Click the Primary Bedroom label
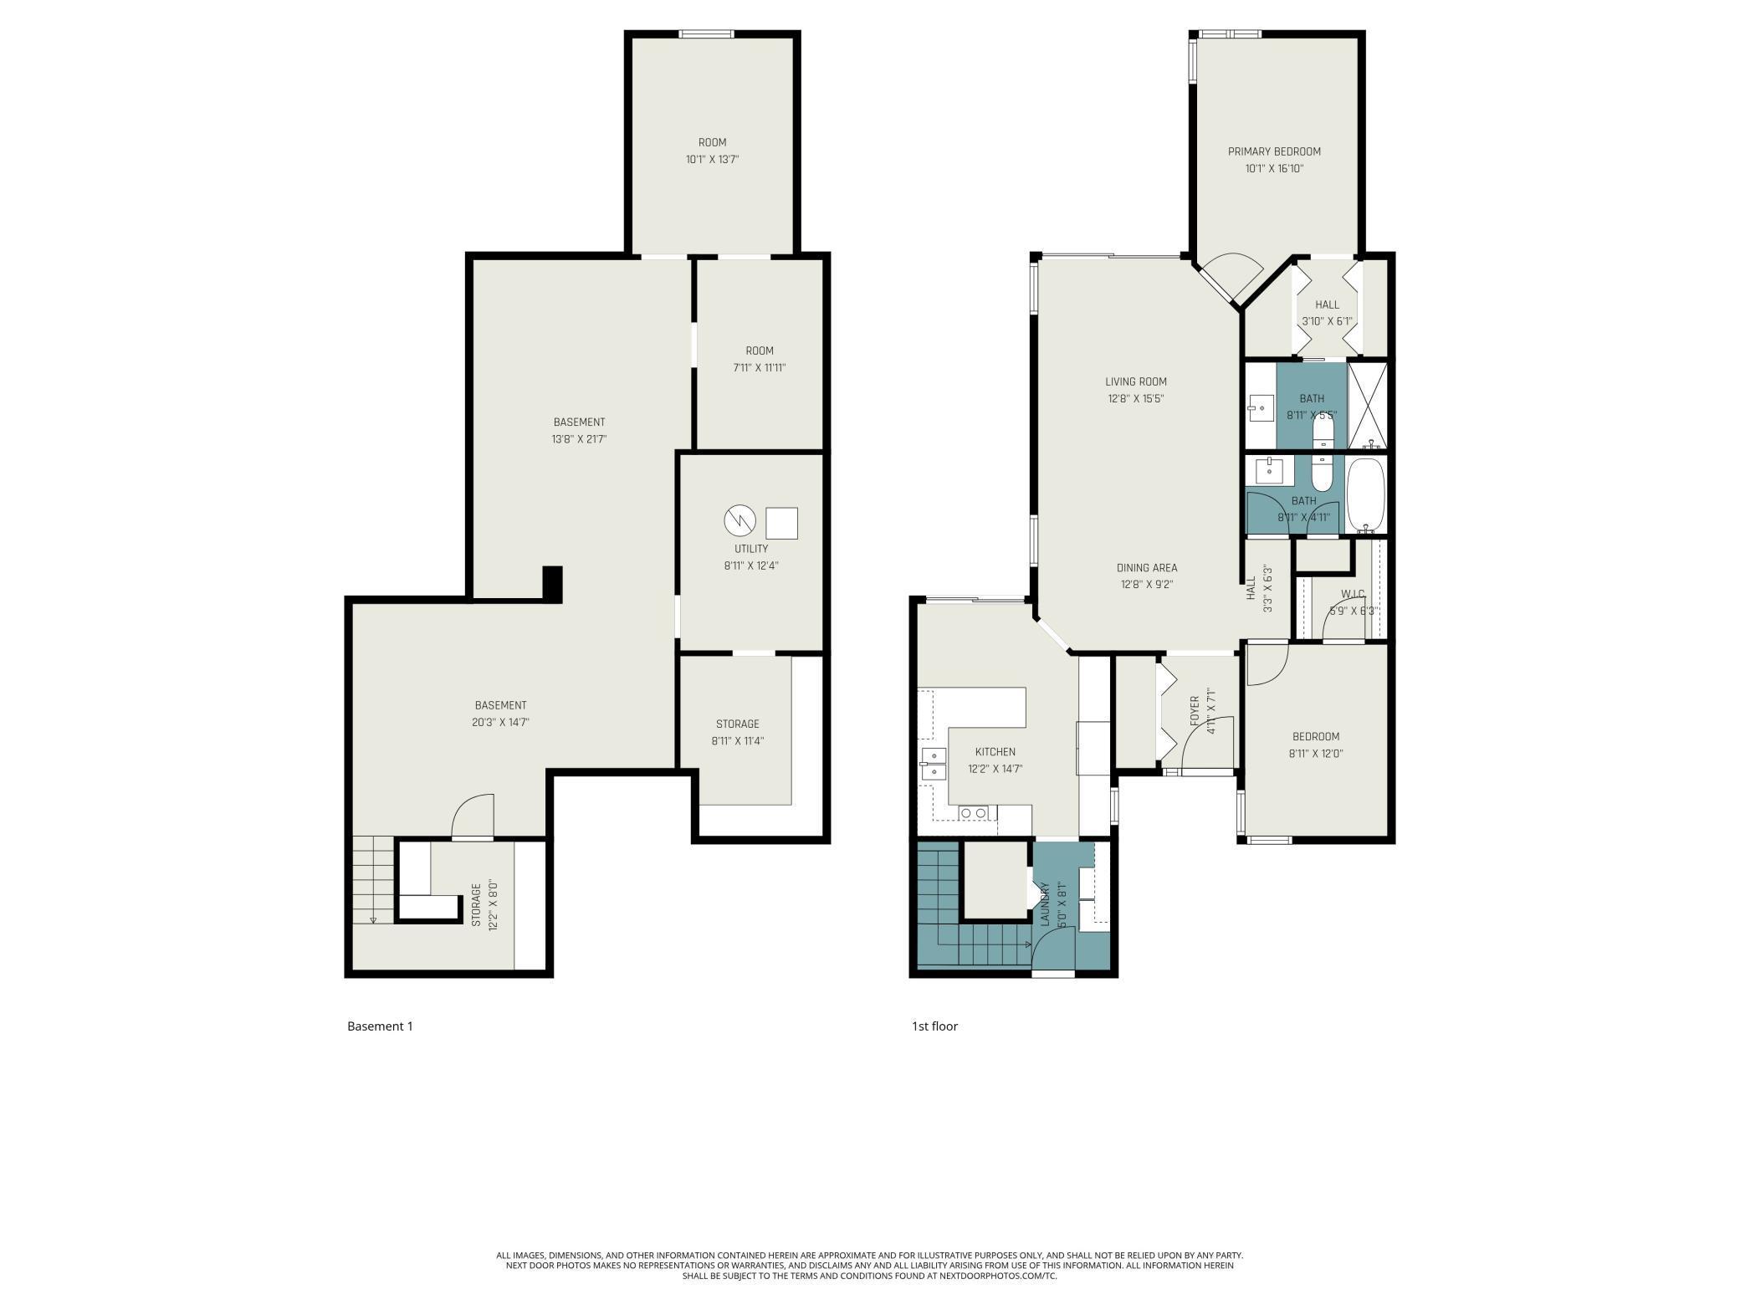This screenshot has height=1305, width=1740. pos(1273,151)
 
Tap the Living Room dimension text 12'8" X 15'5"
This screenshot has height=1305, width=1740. pos(1135,399)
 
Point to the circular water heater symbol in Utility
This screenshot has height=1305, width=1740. pos(739,520)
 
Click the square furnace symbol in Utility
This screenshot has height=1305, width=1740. pos(781,523)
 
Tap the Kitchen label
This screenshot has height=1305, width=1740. pos(995,752)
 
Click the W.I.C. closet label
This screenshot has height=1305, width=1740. pos(1352,594)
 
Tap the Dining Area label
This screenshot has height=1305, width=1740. pos(1146,568)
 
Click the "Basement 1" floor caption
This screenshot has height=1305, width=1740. pos(380,1026)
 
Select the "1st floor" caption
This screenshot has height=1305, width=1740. pos(934,1026)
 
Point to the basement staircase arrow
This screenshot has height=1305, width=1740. pos(373,919)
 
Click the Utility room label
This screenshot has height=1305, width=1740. pos(750,549)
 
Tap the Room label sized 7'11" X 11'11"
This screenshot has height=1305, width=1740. pos(760,351)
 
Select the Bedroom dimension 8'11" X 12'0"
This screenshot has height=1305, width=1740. pos(1315,754)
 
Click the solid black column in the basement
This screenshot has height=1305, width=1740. pos(552,583)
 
